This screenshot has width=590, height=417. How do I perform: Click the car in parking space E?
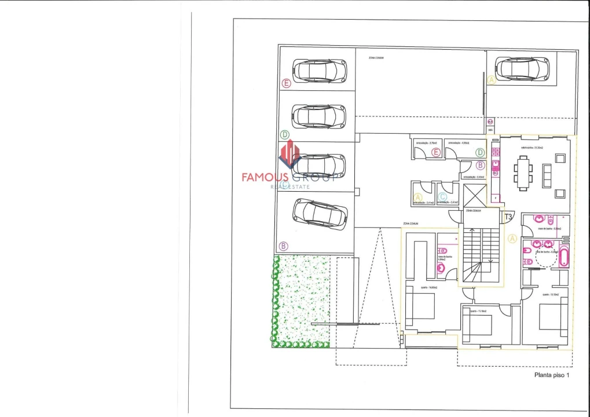320,71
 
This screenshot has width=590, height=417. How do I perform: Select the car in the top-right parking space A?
525,68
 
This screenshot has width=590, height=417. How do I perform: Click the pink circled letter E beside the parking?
285,83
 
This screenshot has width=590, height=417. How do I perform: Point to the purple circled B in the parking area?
283,246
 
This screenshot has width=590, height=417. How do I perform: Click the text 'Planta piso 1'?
552,375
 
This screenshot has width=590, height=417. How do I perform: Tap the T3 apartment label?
508,217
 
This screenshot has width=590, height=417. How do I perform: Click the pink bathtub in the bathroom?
563,255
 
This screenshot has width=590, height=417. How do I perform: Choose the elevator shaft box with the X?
475,195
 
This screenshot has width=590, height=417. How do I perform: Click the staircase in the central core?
481,255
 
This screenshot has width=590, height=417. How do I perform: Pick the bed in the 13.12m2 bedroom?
552,319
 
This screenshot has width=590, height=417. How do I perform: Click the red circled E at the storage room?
436,153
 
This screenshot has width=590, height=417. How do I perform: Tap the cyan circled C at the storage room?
442,197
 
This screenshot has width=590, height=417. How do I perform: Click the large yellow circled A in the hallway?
512,238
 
